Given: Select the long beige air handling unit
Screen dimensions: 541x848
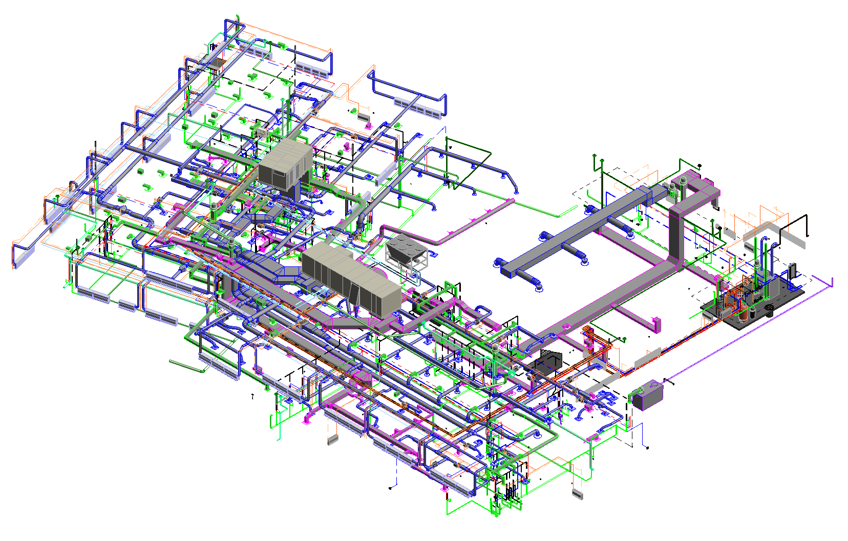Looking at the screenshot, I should pos(351,277).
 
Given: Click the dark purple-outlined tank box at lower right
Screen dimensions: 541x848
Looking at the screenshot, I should pos(648,395).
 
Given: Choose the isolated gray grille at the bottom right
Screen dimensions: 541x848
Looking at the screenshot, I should pos(577,494).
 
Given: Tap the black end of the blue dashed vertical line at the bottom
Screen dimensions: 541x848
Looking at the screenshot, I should pos(390,488).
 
